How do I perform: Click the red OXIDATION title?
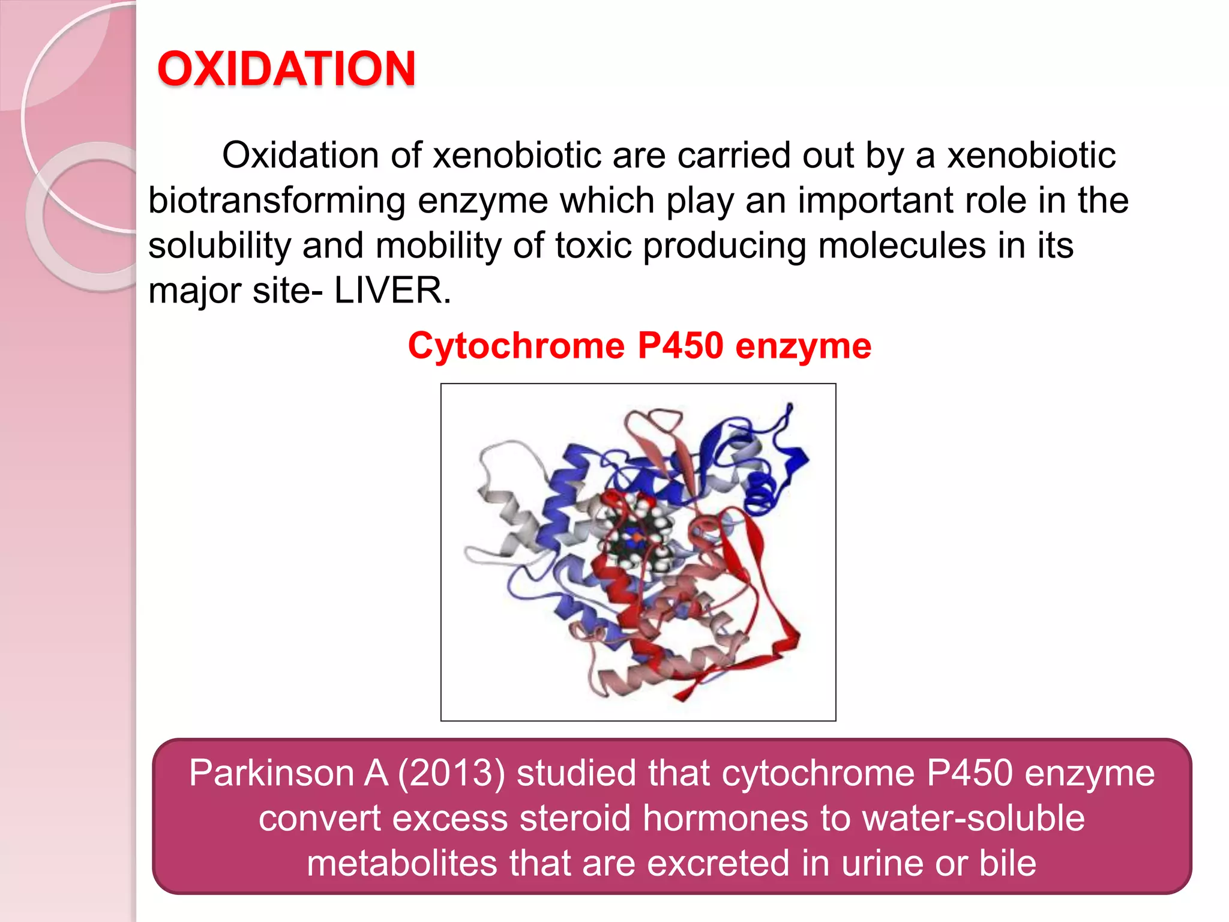pyautogui.click(x=286, y=68)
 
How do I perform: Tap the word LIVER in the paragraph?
pyautogui.click(x=392, y=291)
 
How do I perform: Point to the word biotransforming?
pyautogui.click(x=277, y=200)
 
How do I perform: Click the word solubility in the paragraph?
pyautogui.click(x=219, y=246)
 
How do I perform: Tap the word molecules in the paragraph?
pyautogui.click(x=902, y=246)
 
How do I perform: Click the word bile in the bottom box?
pyautogui.click(x=1008, y=863)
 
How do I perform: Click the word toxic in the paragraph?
pyautogui.click(x=593, y=246)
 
